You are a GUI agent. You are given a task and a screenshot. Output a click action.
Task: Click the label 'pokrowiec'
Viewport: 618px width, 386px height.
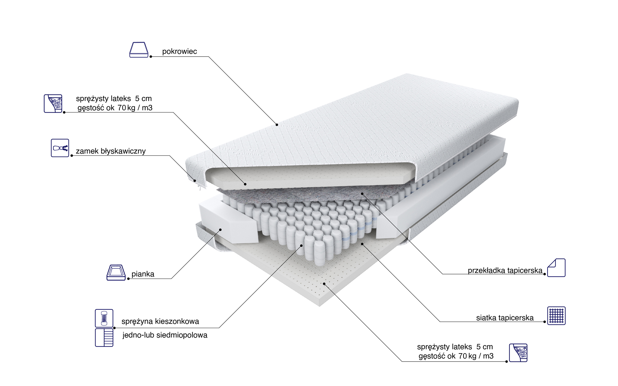(x=179, y=51)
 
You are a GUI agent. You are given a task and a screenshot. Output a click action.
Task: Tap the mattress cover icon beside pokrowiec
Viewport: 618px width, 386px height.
(x=139, y=50)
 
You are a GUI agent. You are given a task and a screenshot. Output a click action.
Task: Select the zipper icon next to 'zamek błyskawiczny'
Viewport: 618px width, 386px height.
(x=60, y=148)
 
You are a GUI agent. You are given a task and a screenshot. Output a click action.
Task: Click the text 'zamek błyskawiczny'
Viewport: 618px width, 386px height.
(x=111, y=151)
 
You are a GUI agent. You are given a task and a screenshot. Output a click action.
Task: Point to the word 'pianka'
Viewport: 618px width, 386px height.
(x=143, y=274)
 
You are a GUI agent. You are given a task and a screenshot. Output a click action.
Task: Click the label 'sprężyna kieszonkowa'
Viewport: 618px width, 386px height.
(x=160, y=321)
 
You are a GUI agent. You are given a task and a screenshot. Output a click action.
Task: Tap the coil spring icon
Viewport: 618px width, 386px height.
(x=104, y=318)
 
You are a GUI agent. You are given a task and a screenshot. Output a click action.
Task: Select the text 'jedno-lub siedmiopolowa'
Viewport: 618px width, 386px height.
(x=165, y=335)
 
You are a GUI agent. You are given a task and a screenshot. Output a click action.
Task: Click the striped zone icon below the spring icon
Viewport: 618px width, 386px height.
(x=104, y=337)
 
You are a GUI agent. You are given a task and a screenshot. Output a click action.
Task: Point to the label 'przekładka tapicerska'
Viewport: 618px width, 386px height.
(x=505, y=271)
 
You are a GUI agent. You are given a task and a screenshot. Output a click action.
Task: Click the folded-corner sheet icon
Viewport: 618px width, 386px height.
(x=556, y=268)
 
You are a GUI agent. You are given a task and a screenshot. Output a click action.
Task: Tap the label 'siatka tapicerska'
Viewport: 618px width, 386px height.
(x=505, y=318)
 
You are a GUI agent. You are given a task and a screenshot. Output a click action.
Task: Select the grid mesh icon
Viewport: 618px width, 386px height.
(x=556, y=316)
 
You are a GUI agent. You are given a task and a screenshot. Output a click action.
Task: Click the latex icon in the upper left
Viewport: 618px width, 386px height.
(x=53, y=104)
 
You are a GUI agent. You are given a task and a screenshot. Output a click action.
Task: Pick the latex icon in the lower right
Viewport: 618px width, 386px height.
(x=518, y=353)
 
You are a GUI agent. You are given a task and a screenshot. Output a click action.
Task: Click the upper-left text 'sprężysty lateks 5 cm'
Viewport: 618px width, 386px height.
(x=114, y=98)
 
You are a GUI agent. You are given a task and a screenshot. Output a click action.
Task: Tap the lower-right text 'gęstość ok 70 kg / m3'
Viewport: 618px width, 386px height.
(x=456, y=356)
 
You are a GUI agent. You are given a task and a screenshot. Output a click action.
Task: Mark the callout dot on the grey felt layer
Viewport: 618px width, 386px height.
(x=362, y=194)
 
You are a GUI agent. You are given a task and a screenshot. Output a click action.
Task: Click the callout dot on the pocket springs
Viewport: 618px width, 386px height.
(x=302, y=245)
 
